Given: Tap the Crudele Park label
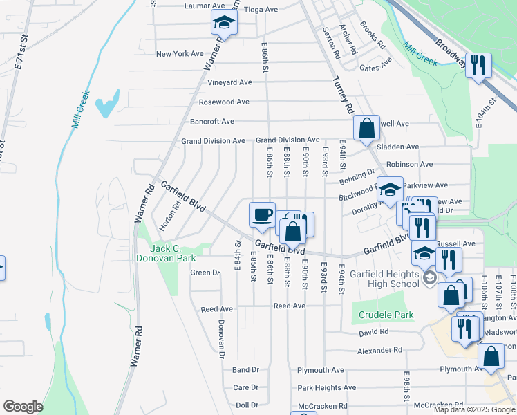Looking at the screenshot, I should click(386, 315).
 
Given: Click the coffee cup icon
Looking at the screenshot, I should click(262, 215).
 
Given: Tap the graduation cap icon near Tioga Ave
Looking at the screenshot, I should click(223, 25).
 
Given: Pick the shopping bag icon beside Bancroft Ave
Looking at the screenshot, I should click(366, 128).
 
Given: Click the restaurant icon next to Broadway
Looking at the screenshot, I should click(478, 66).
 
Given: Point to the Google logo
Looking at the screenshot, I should click(23, 406).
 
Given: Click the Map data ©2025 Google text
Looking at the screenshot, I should click(474, 409).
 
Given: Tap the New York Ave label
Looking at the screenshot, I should click(180, 53).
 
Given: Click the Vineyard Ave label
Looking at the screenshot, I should click(229, 82).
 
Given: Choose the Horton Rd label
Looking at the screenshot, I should click(170, 216).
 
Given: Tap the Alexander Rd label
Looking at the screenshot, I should click(379, 351).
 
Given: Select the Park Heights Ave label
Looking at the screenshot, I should click(326, 388).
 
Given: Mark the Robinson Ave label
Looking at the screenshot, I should click(409, 164).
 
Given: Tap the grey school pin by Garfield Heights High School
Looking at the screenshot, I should click(429, 278).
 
